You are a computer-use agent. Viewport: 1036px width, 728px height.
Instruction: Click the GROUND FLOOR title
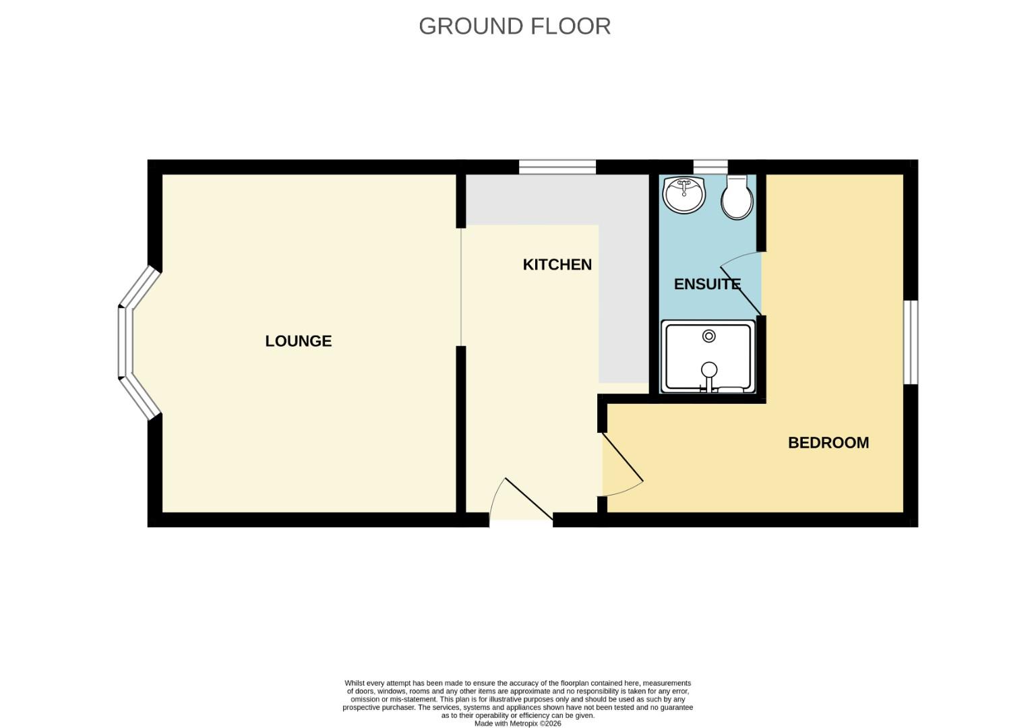pos(514,26)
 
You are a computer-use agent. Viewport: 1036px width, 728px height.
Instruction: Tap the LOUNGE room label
pos(299,341)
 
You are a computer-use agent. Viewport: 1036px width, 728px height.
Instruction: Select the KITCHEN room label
pos(557,264)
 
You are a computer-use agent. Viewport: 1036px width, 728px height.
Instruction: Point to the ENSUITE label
pos(707,284)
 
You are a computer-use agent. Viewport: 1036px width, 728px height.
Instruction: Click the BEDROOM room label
pos(828,443)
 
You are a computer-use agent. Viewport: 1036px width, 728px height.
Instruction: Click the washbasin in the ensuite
pos(684,195)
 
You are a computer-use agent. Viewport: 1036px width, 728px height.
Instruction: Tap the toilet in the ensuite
pos(737,197)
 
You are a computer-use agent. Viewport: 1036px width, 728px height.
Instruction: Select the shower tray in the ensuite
pos(708,357)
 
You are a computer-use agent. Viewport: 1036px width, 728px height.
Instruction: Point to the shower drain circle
pos(709,336)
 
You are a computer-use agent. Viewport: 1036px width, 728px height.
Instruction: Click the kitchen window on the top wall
pos(557,167)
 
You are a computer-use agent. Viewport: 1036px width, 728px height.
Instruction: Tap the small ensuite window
pos(710,167)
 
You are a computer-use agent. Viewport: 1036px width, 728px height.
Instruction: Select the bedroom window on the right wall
pos(911,342)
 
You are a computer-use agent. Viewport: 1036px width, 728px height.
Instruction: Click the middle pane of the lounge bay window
pos(125,342)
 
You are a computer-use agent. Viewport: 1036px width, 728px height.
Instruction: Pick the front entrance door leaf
pos(529,499)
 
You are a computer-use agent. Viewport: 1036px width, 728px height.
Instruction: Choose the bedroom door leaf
pos(623,457)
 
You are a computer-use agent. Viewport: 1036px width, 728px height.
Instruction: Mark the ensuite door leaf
pos(741,291)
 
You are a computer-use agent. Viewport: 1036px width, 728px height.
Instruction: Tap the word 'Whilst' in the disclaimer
pos(355,683)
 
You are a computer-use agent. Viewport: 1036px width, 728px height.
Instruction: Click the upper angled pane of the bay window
pos(140,286)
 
